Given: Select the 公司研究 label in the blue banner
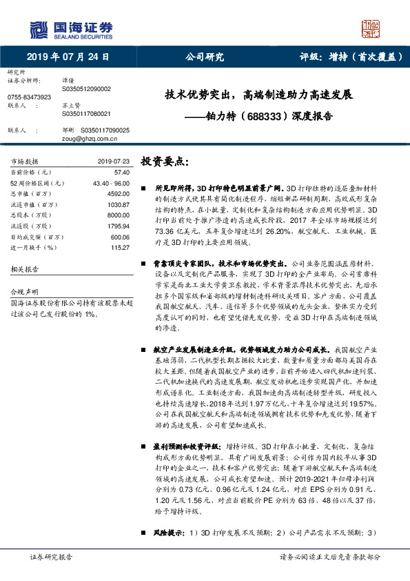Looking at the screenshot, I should coord(205,57).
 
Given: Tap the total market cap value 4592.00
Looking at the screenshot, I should coord(118,194).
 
